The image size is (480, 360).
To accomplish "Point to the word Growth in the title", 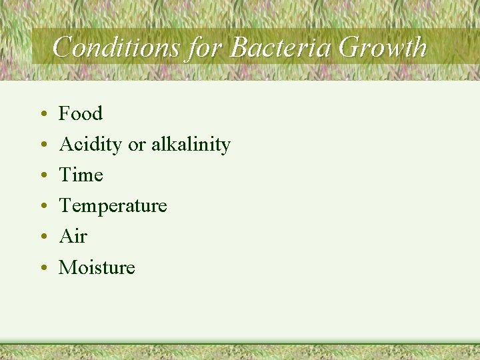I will (x=383, y=47).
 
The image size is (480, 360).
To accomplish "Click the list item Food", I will (x=81, y=113).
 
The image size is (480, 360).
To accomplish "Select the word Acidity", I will (x=91, y=145).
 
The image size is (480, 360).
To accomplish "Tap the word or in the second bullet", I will (x=136, y=145).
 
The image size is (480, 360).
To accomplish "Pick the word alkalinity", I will (x=191, y=145).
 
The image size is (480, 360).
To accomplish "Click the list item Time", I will (x=81, y=175).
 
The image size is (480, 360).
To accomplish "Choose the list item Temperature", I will (x=113, y=206).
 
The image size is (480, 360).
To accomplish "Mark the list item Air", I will (x=73, y=237).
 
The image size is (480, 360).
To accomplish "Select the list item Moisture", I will (x=97, y=267).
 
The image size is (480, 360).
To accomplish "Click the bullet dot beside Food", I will (x=42, y=115).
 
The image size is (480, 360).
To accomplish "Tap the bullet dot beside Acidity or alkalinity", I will (x=42, y=146).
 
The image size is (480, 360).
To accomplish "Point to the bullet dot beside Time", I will (x=42, y=177).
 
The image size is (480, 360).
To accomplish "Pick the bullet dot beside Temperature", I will (x=42, y=207).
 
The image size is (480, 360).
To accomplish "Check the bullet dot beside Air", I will (x=42, y=238).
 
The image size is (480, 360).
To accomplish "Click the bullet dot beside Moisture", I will (x=42, y=269).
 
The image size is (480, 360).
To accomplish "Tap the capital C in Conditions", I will (x=62, y=47).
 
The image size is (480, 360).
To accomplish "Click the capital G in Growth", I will (x=350, y=47).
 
